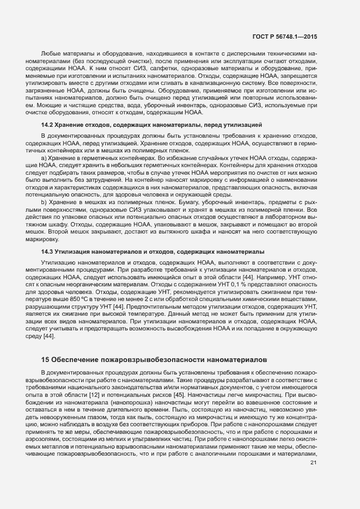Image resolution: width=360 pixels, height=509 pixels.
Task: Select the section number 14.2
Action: (x=47, y=125)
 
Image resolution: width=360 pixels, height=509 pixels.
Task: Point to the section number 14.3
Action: (x=47, y=252)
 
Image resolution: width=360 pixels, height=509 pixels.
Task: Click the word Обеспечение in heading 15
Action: (x=76, y=360)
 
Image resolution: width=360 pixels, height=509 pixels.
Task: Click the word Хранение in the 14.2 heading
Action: (x=71, y=125)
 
